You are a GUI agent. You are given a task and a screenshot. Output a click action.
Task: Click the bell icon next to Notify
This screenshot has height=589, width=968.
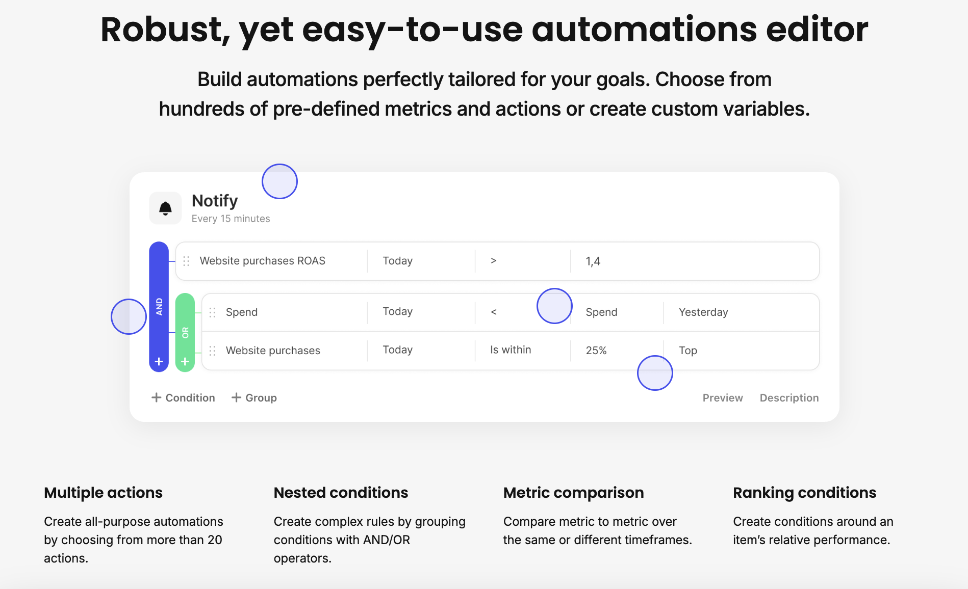pos(165,208)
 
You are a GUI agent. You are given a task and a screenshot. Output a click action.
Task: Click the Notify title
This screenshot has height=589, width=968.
pos(215,201)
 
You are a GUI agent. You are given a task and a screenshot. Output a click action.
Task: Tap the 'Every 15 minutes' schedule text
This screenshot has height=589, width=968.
pos(231,219)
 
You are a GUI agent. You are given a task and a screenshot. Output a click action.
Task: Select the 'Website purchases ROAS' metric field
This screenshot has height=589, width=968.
pos(262,261)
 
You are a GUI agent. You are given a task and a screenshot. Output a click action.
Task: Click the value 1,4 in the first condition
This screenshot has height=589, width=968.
pos(593,261)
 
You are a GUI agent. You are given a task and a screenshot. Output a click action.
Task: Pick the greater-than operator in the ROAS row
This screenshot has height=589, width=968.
pos(493,261)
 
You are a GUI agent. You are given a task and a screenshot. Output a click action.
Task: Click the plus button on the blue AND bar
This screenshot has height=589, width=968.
pos(159,361)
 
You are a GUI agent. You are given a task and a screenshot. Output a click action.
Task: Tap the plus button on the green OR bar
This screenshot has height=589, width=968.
pos(185,361)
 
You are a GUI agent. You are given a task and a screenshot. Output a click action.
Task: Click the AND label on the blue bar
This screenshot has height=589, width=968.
pos(159,307)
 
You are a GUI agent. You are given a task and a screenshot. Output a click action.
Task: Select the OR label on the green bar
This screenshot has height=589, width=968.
pos(185,333)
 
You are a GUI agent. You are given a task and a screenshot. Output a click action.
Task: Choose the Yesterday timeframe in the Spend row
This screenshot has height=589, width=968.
pos(703,312)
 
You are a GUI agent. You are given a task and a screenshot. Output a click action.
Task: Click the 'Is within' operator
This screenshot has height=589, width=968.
pos(511,350)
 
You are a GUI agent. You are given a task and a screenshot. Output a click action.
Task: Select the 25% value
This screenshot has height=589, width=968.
pos(596,351)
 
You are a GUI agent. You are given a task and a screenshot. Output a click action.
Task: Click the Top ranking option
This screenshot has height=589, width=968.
pos(687,351)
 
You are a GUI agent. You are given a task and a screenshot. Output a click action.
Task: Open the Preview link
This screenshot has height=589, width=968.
pos(723,398)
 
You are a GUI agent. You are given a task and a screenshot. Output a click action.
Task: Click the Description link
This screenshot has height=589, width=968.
pos(789,398)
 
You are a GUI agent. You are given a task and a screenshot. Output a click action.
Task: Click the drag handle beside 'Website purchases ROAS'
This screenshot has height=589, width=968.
pos(186,261)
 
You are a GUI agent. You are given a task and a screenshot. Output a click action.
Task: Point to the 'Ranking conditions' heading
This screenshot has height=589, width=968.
pos(804,493)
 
